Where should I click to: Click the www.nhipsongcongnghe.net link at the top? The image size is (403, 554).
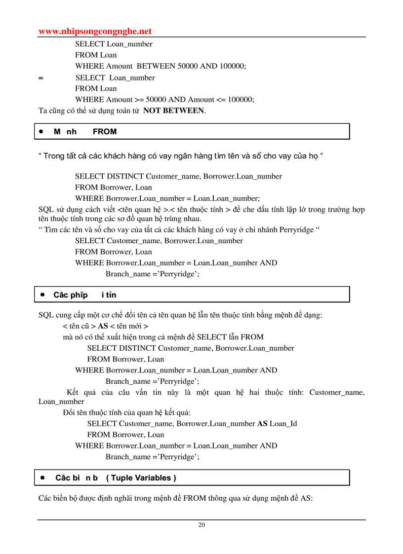coord(95,32)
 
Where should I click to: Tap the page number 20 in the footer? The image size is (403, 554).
coord(201,524)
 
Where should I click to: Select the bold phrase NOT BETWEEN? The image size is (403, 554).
coord(173,111)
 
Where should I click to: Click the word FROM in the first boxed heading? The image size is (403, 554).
coord(105,132)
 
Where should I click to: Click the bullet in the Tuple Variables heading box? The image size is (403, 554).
coord(43,478)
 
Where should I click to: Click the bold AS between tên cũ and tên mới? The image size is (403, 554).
coord(103,326)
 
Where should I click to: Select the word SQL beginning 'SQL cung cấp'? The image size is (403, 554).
coord(46,315)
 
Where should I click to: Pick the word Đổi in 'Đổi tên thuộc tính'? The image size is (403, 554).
coord(70,412)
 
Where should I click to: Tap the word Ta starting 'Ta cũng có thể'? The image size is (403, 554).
coord(43,111)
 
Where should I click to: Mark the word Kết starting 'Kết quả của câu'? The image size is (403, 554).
coord(73,392)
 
